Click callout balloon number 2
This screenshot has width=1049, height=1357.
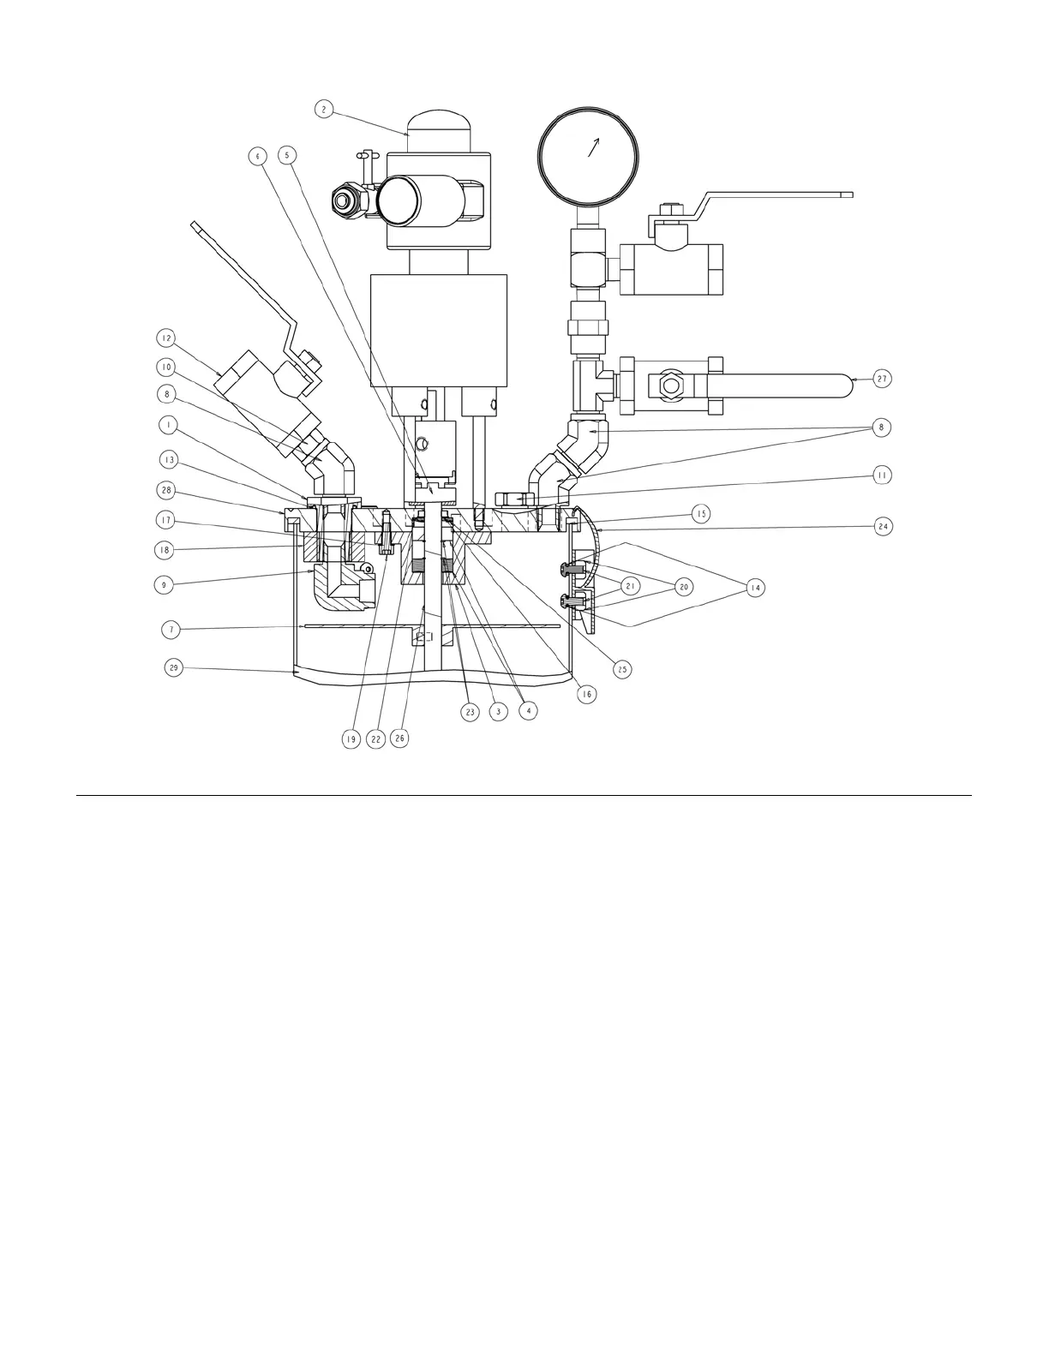coord(323,109)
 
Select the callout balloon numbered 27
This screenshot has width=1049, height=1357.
coord(882,378)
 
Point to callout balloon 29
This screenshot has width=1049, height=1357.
coord(173,668)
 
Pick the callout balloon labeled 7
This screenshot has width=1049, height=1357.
coord(171,630)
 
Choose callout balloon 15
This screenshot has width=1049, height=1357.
coord(701,514)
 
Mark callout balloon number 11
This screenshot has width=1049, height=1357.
coord(882,474)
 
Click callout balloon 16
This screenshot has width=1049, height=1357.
coord(586,695)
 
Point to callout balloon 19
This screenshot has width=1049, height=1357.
coord(351,738)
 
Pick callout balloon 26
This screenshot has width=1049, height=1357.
coord(399,738)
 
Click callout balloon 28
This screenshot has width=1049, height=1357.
coord(167,490)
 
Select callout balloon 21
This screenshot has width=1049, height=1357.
coord(631,587)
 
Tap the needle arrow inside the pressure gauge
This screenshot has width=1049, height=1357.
coord(591,147)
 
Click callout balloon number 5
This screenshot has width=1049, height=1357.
coord(287,155)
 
